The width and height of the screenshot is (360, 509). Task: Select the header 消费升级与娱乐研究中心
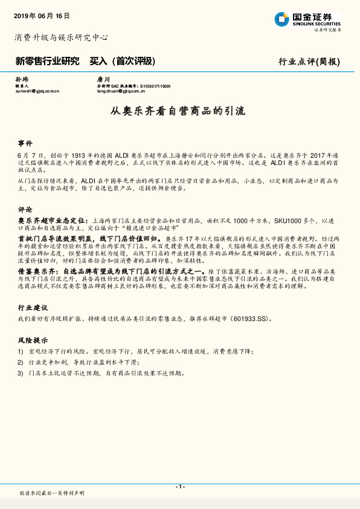point(61,37)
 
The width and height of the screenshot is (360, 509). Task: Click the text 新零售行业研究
point(47,61)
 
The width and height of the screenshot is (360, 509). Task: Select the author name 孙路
point(21,79)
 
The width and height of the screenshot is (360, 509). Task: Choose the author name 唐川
point(103,79)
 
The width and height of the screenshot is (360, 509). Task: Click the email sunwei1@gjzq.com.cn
point(37,91)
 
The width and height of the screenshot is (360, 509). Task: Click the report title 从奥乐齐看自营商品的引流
point(179,111)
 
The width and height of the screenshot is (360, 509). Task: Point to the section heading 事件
point(25,144)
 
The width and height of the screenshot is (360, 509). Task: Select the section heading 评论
point(25,209)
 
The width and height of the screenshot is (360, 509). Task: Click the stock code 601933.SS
point(248,318)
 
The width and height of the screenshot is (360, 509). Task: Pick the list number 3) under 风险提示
point(21,373)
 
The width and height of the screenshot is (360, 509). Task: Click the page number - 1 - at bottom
point(179,487)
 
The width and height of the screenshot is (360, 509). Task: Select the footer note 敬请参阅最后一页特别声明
point(52,494)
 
